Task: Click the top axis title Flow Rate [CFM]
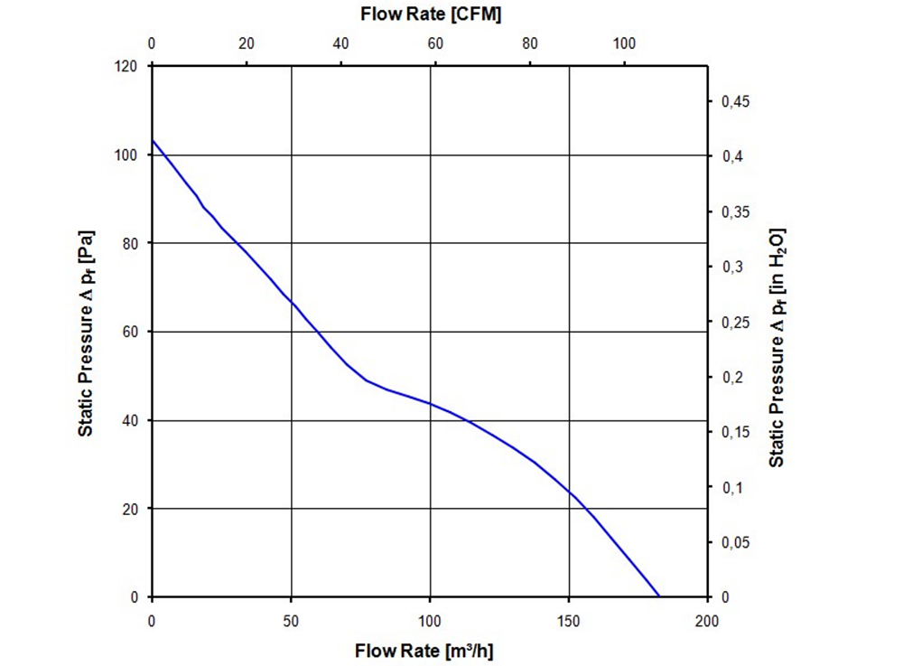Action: tap(430, 14)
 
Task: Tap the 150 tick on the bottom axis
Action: tap(569, 621)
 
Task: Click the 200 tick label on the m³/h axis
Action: tap(707, 621)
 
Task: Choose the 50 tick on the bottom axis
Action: tap(291, 621)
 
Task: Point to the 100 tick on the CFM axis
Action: tap(623, 42)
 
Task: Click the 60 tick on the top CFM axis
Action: tap(434, 42)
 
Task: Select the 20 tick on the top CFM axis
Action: tap(246, 42)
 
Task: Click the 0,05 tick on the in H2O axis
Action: tap(737, 543)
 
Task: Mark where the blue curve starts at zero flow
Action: tap(153, 140)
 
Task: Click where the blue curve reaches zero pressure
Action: tap(660, 596)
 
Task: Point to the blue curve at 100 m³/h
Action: tap(430, 403)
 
